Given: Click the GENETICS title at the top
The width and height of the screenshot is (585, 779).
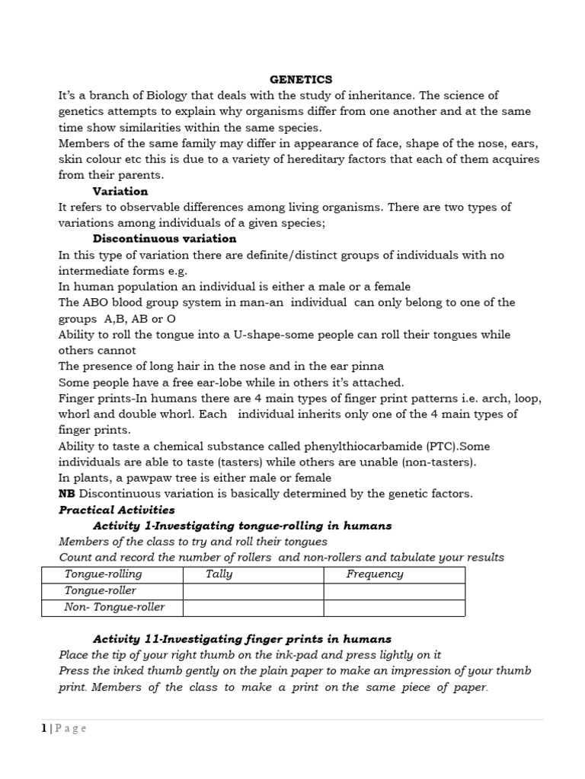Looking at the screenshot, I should pyautogui.click(x=302, y=79).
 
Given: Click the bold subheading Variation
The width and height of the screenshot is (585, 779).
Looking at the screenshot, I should pyautogui.click(x=120, y=191).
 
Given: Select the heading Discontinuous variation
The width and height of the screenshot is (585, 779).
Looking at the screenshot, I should pyautogui.click(x=165, y=239).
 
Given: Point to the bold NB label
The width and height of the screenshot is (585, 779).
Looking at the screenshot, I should pyautogui.click(x=66, y=494).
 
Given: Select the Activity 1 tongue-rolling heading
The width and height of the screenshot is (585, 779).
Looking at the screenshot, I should pyautogui.click(x=242, y=526).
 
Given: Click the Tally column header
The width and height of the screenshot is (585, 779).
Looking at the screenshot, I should pyautogui.click(x=219, y=574).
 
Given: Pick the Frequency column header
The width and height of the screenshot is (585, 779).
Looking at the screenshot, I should pyautogui.click(x=374, y=574).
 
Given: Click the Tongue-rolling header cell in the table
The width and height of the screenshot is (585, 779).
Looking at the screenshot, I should pyautogui.click(x=103, y=574).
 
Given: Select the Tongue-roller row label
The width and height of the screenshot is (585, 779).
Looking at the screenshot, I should pyautogui.click(x=101, y=591).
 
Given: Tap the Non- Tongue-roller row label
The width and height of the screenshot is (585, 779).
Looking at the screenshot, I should pyautogui.click(x=114, y=607).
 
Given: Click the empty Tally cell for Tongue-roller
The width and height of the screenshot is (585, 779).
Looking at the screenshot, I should pyautogui.click(x=253, y=591).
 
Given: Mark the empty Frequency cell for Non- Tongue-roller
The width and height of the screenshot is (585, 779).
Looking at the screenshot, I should pyautogui.click(x=394, y=607).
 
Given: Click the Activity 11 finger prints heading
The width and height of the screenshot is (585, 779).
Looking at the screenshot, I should pyautogui.click(x=242, y=639).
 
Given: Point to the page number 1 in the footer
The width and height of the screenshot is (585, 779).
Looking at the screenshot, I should pyautogui.click(x=44, y=728).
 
